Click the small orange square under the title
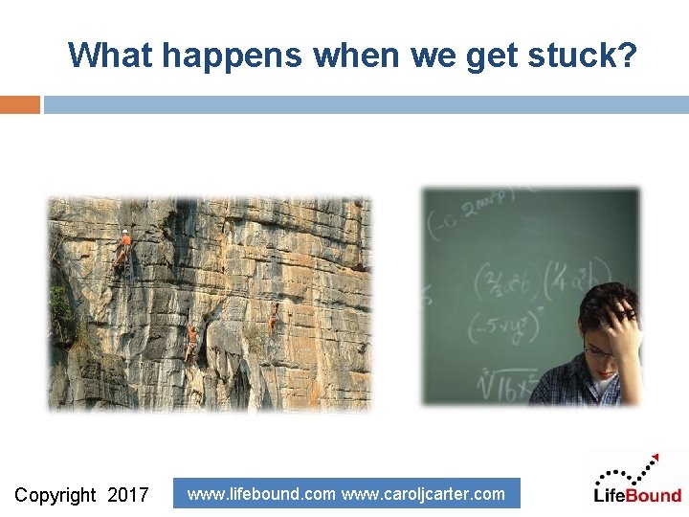point(19,104)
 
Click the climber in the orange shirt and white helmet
point(122,247)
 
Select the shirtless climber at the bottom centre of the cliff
point(192,340)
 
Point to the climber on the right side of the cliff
point(274,318)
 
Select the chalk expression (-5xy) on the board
point(503,328)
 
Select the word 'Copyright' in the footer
point(56,495)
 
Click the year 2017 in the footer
point(128,495)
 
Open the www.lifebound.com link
point(261,494)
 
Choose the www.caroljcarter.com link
point(423,494)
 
